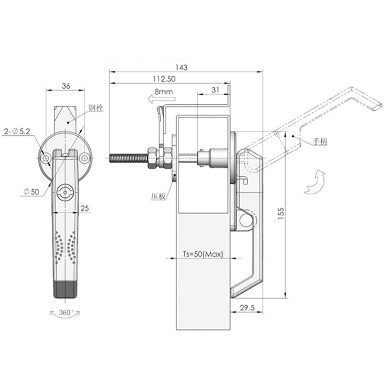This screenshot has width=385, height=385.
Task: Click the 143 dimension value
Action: tap(181, 67)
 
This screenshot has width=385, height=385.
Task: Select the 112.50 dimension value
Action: tap(164, 79)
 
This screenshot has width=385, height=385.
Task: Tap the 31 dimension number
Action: tap(215, 90)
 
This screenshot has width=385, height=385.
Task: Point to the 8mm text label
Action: tap(164, 92)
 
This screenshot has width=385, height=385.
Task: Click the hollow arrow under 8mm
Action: tap(162, 99)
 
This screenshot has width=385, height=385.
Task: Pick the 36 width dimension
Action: tap(66, 86)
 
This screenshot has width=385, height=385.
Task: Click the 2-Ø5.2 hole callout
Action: tap(17, 131)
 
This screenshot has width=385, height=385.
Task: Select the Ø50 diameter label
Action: tap(31, 192)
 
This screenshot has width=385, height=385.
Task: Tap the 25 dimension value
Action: tap(85, 208)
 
